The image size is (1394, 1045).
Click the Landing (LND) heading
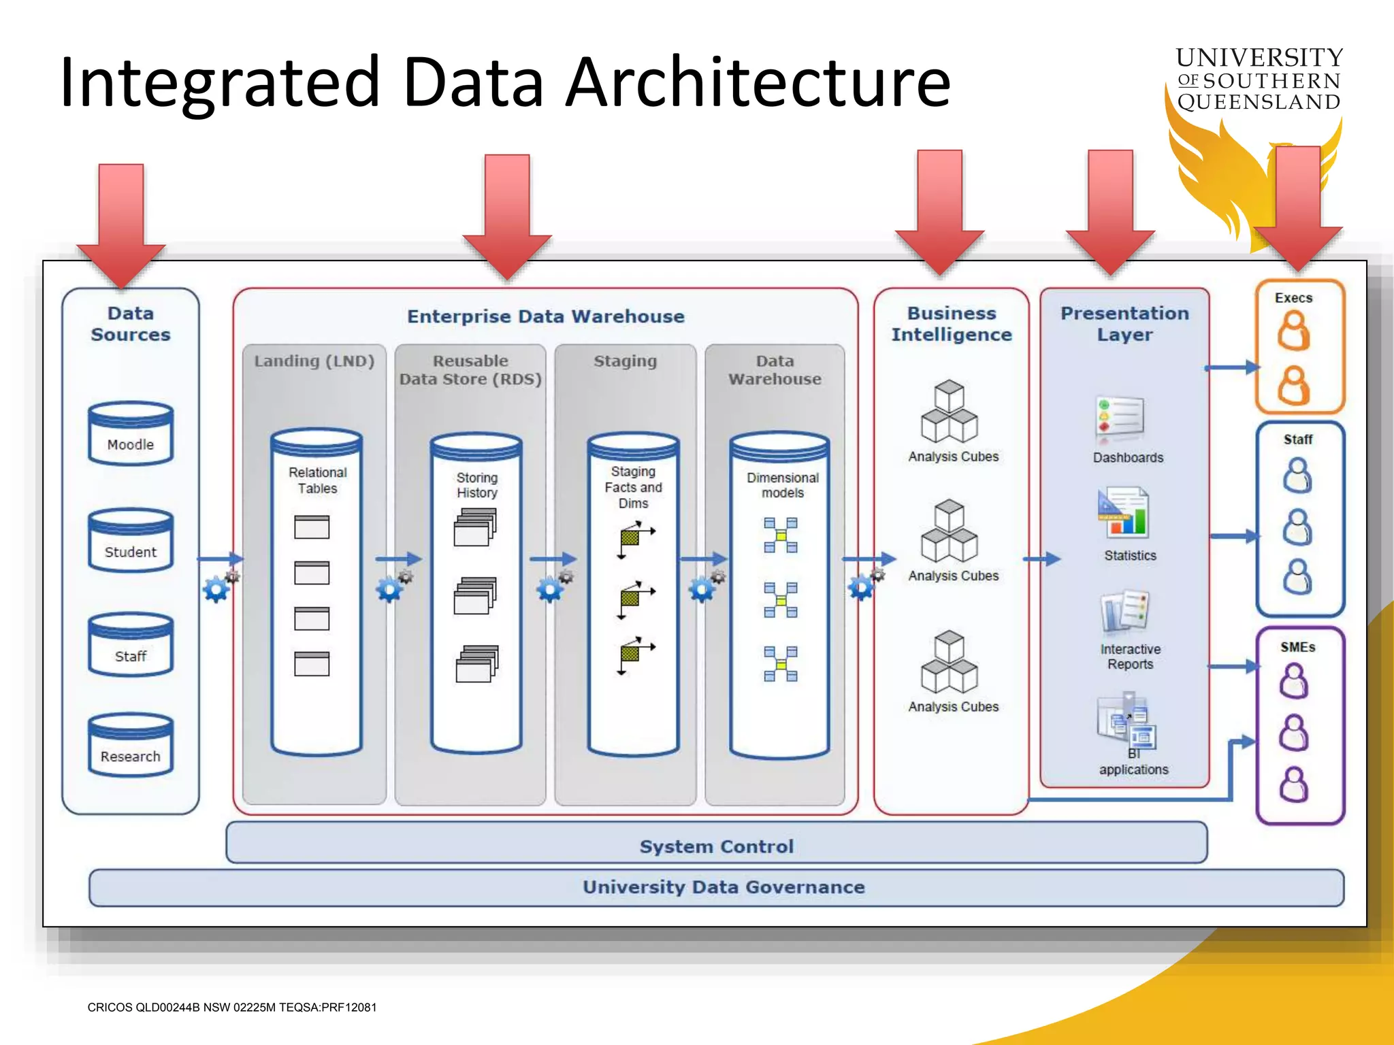pos(314,361)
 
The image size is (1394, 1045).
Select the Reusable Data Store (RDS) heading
pos(470,370)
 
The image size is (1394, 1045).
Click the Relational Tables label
pos(317,480)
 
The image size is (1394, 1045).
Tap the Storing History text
pos(476,485)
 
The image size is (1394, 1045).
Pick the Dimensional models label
pos(782,485)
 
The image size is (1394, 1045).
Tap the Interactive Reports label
pos(1130,657)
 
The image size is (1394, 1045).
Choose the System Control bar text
pos(716,846)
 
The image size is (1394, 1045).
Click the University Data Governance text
pos(724,887)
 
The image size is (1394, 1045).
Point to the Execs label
pos(1293,298)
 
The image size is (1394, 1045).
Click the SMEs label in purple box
pos(1297,647)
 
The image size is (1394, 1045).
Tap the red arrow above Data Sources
pos(121,225)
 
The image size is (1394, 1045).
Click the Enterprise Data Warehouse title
pos(545,316)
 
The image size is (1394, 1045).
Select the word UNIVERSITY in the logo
pos(1259,57)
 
